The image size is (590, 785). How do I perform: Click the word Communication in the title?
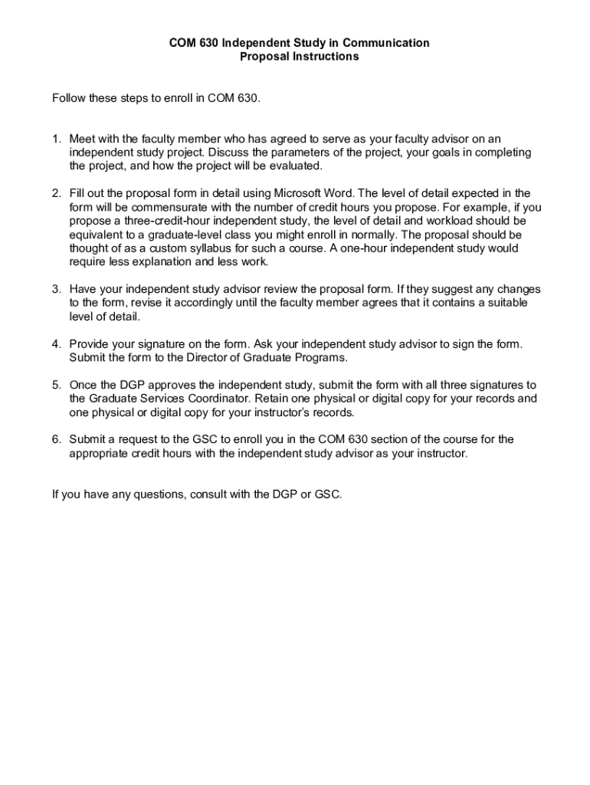pyautogui.click(x=385, y=43)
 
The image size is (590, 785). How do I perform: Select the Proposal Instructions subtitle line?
pyautogui.click(x=299, y=57)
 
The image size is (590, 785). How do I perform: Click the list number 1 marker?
pyautogui.click(x=56, y=139)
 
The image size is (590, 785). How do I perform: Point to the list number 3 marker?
pyautogui.click(x=56, y=289)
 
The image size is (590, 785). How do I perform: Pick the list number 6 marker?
pyautogui.click(x=56, y=439)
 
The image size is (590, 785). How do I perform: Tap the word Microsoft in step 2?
pyautogui.click(x=301, y=193)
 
